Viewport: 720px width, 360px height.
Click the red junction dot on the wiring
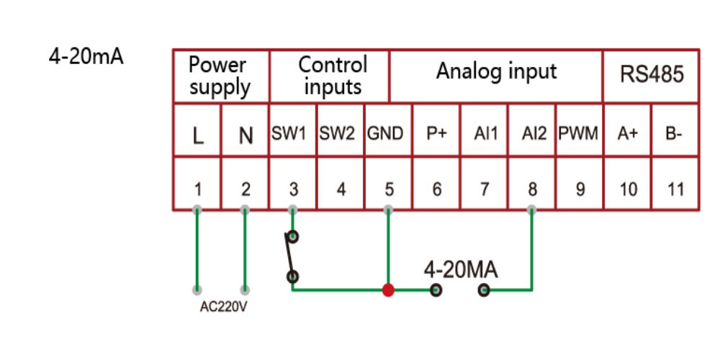pos(388,290)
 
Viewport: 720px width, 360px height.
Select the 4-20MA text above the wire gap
pos(460,270)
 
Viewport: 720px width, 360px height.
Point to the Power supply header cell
pos(220,76)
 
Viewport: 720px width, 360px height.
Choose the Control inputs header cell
pos(330,76)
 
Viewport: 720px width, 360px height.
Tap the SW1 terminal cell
pos(293,134)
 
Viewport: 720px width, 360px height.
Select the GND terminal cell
pos(389,134)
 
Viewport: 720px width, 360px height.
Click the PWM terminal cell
pos(580,134)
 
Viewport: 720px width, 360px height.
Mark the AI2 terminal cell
pos(531,134)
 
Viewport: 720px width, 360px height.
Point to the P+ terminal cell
pos(437,134)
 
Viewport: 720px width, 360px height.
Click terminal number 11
pos(675,190)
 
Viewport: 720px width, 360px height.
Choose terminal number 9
pos(580,190)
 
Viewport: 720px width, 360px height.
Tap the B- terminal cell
pos(675,134)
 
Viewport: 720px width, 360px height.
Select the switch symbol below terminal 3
pos(292,256)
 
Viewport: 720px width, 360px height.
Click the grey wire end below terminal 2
pos(246,290)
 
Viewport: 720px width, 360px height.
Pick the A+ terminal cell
pos(628,134)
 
